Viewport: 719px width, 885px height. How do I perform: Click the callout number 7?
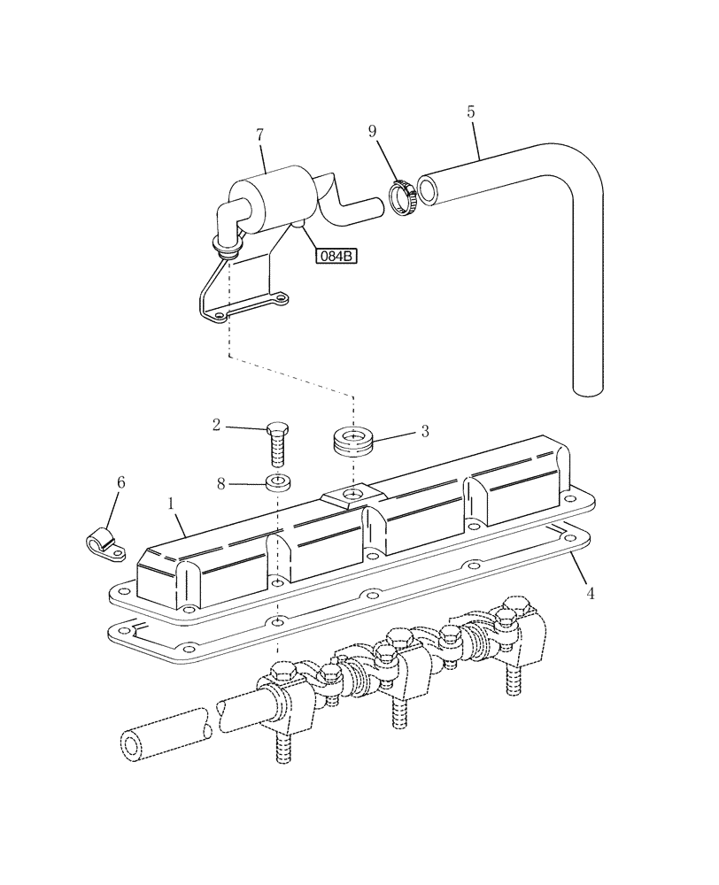tap(259, 135)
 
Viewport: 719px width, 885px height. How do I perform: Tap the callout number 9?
tap(373, 132)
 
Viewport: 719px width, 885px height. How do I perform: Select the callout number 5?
tap(470, 112)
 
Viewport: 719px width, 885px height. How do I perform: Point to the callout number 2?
tap(216, 426)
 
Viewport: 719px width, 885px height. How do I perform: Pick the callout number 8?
tap(222, 484)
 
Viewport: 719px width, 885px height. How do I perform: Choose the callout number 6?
tap(121, 482)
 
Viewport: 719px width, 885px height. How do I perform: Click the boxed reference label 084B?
tap(336, 257)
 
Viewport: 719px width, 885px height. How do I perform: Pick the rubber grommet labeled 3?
tap(353, 441)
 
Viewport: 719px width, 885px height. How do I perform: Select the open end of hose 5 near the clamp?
tap(428, 189)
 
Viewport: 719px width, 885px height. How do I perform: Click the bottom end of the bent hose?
tap(588, 386)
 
